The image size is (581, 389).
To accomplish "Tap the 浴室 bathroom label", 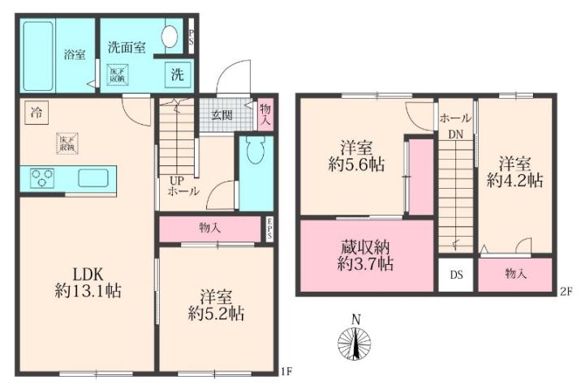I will coord(75,54).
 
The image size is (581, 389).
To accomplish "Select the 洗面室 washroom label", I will coord(127,47).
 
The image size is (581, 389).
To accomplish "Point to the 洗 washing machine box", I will coord(177,75).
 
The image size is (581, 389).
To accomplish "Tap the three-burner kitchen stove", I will coord(42,177).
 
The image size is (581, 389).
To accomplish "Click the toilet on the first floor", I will coord(254,152).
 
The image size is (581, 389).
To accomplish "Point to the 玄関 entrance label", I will coord(222,114).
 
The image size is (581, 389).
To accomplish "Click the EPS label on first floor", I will coord(271,229).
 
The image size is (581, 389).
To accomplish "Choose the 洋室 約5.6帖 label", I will coord(356,156).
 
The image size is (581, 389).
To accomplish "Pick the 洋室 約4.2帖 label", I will coord(514,171).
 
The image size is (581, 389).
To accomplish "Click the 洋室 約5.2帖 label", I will coord(216,305).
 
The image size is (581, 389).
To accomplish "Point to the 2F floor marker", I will coord(567,290).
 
